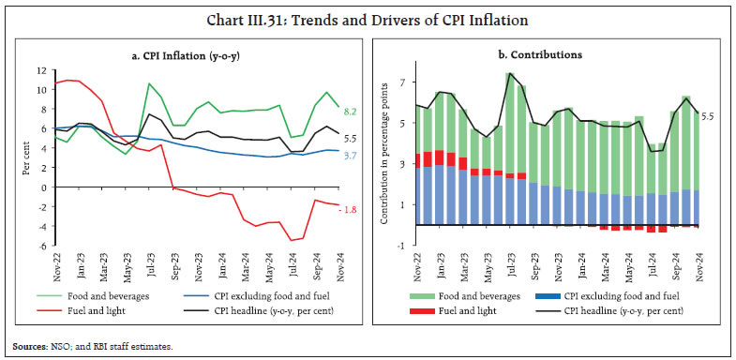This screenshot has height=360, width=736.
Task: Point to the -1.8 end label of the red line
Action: coord(350,208)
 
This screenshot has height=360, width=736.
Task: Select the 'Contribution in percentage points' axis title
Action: coord(383,159)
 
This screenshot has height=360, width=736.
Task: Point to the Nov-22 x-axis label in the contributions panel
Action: coord(415,267)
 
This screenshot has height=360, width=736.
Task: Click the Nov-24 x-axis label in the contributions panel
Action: coord(700,267)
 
